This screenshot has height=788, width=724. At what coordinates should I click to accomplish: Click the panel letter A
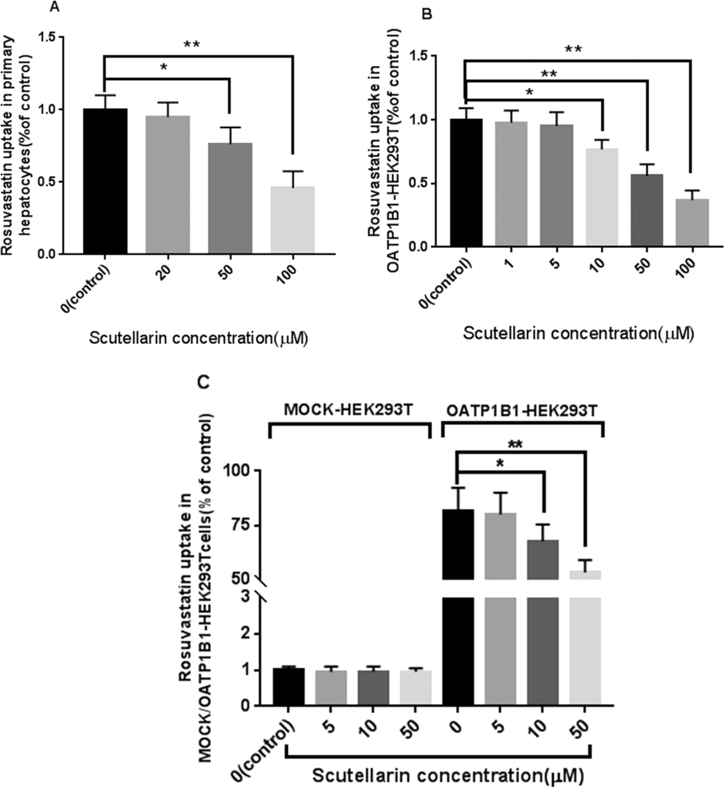pos(54,8)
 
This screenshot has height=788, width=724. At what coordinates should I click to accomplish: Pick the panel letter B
pos(427,15)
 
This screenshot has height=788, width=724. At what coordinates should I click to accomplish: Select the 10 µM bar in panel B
pos(602,197)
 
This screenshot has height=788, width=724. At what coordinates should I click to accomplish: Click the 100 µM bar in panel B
pos(693,222)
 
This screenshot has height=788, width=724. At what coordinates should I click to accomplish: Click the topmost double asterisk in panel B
pos(573,50)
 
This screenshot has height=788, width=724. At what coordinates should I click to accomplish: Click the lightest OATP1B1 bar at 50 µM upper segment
pos(585,574)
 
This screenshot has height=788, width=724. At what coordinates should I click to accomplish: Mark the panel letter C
pos(203,382)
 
